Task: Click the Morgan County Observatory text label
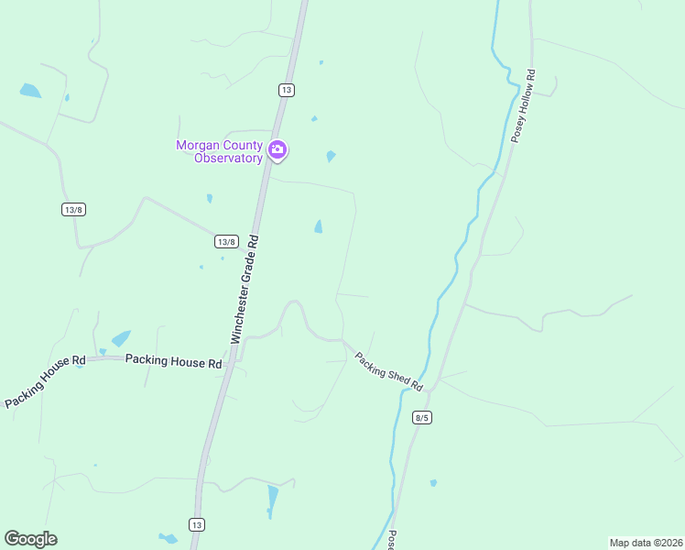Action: point(219,151)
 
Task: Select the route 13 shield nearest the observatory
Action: point(287,90)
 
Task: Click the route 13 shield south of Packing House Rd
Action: point(196,524)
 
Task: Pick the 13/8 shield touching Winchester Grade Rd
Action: point(226,241)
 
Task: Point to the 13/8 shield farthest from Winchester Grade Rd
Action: point(73,210)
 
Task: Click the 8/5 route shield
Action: point(421,417)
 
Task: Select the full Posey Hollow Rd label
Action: point(523,105)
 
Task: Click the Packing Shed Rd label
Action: point(388,372)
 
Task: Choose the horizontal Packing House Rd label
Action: point(174,361)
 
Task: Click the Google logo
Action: point(30,539)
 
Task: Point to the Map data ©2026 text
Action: point(646,542)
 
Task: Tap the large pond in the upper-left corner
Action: point(30,91)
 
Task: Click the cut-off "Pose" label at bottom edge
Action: point(392,540)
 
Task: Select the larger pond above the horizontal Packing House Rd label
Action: point(121,338)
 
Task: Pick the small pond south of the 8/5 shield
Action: point(433,483)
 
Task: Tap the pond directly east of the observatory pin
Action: point(331,156)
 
